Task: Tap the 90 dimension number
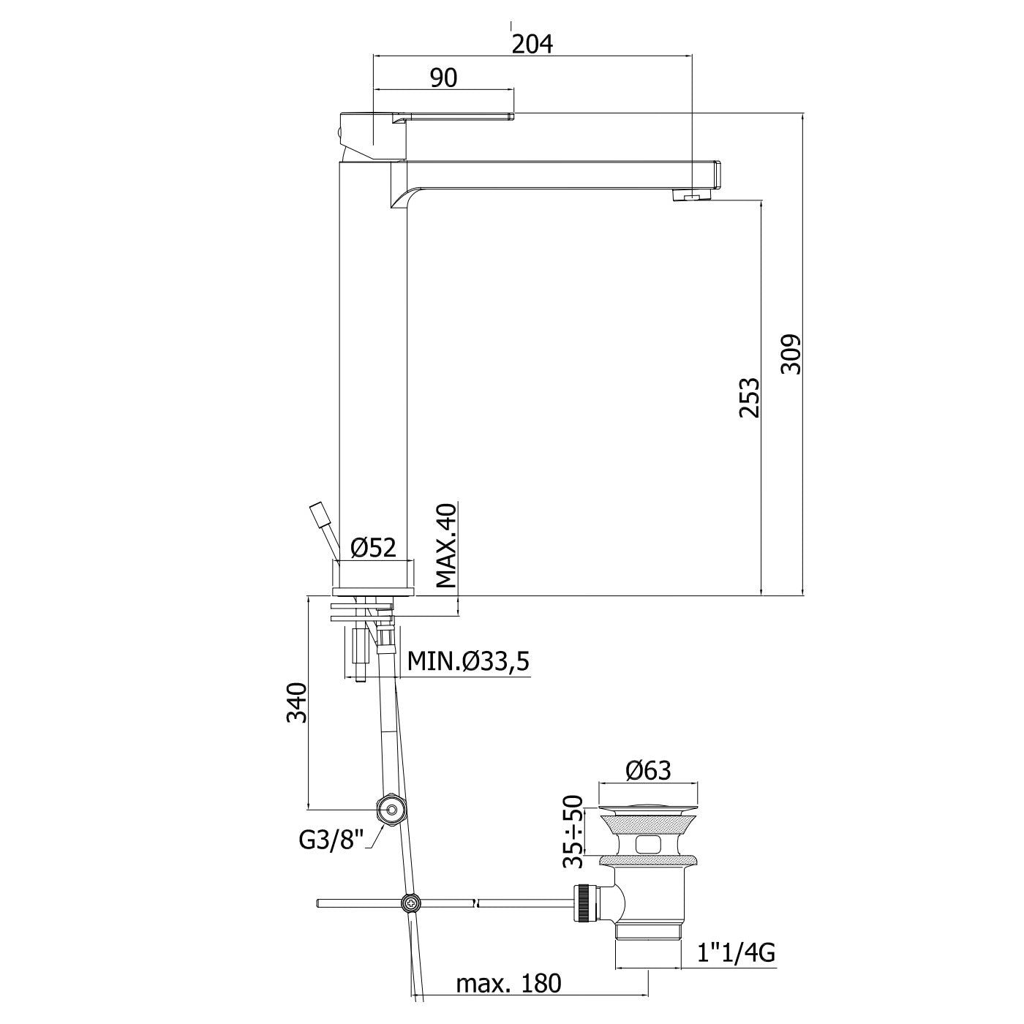[444, 78]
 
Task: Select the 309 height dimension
[791, 355]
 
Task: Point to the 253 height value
[749, 398]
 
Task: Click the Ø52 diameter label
[374, 548]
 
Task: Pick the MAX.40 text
[446, 545]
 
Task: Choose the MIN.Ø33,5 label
[468, 662]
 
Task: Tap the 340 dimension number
[297, 702]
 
